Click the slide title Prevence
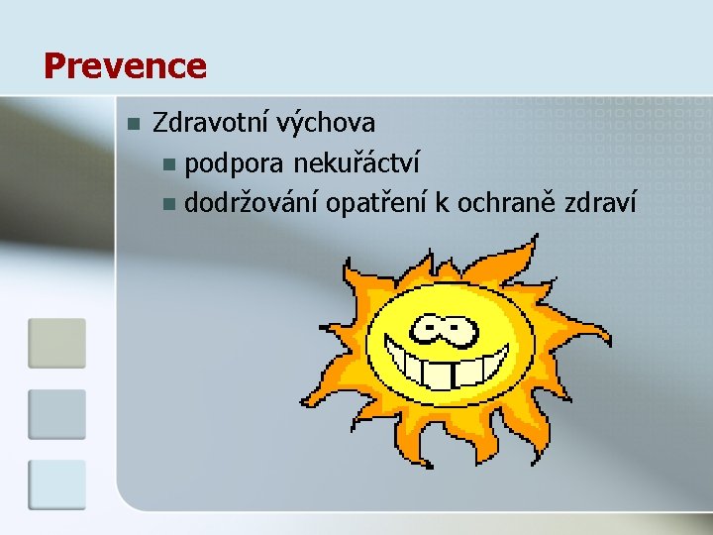[125, 66]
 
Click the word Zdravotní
[211, 124]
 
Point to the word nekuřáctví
[337, 163]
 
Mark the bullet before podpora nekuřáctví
[169, 164]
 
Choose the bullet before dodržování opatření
[169, 205]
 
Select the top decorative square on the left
[56, 343]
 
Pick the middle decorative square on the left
[56, 414]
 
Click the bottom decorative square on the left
[56, 484]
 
